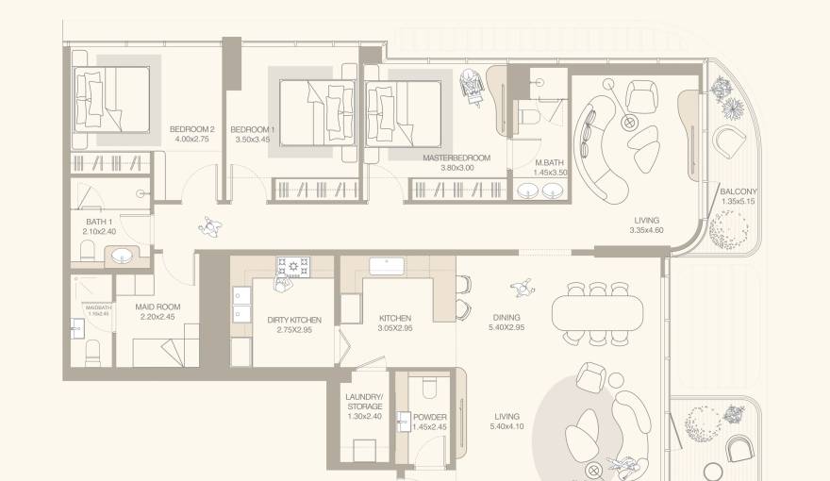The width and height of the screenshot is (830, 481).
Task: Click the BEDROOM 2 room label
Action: coord(192,129)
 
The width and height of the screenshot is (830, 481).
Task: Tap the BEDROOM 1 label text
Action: coord(253,129)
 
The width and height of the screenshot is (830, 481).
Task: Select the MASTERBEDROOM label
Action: coord(456,158)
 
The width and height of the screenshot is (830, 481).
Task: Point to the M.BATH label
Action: coord(550,162)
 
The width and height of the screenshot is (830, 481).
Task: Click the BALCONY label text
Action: coord(739,191)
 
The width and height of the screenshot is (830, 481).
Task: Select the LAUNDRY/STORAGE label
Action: coord(365,402)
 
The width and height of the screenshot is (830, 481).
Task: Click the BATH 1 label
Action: coord(99,223)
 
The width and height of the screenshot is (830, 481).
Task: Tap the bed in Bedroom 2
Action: coord(113,97)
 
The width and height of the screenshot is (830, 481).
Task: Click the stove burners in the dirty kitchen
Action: coord(292,265)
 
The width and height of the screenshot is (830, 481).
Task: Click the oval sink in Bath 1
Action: coord(121,255)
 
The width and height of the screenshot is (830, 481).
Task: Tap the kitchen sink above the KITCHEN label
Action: coord(388,264)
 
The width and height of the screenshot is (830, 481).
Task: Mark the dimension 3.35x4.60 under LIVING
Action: coord(646,229)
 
